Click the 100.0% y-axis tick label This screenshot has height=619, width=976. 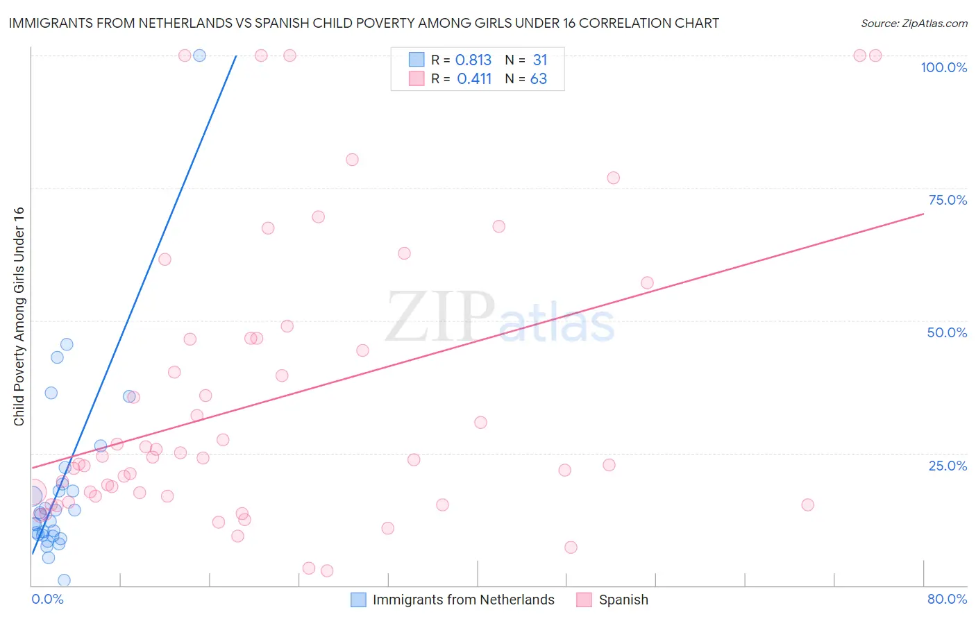pos(943,67)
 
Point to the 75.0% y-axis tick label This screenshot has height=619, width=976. pos(948,200)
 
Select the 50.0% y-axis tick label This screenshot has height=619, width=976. pos(947,332)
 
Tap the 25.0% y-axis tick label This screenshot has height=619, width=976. pos(948,465)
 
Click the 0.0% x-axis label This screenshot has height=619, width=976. pos(47,599)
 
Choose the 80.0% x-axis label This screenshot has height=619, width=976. pos(947,599)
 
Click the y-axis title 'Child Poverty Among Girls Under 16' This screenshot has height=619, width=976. pos(19,316)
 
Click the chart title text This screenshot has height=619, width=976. pos(364,23)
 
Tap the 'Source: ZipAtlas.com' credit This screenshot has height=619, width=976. pos(914,23)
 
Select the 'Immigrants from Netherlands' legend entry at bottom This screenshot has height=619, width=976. pos(463,600)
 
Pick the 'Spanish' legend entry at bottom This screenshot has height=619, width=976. pos(623,600)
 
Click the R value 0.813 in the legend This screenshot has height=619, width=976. pos(473,60)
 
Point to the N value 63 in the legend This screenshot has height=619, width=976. pos(539,79)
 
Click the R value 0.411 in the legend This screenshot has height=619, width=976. pos(474,79)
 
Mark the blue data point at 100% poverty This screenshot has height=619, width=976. pos(199,56)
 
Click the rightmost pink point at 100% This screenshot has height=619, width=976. pos(875,56)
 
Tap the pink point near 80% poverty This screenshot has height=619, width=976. pos(352,160)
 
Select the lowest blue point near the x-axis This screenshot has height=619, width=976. pos(64,580)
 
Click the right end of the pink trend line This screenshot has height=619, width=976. pos(923,214)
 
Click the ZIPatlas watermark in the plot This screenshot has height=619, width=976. pos(500,316)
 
